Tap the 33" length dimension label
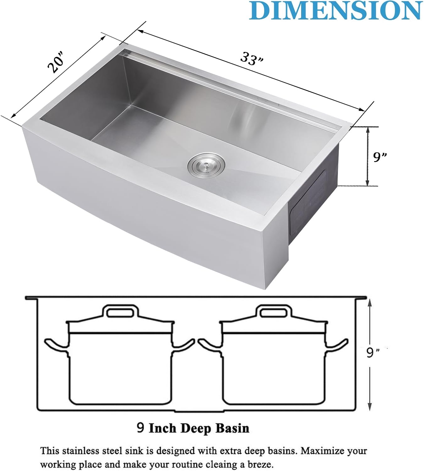tap(252, 59)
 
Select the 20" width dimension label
tap(56, 65)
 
